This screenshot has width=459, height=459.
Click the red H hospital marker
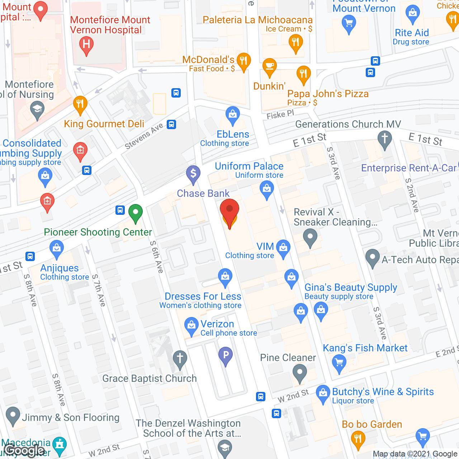pyautogui.click(x=86, y=44)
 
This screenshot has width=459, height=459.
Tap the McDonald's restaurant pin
pyautogui.click(x=243, y=61)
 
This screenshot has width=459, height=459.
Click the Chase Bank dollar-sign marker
pyautogui.click(x=193, y=174)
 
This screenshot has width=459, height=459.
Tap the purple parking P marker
pyautogui.click(x=226, y=355)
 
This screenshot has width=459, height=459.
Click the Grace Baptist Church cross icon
pyautogui.click(x=180, y=358)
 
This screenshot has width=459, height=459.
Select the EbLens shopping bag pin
pyautogui.click(x=233, y=115)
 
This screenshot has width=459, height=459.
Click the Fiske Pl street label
pyautogui.click(x=280, y=115)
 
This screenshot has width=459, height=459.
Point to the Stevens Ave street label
pyautogui.click(x=144, y=136)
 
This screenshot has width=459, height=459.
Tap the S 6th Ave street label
pyautogui.click(x=157, y=256)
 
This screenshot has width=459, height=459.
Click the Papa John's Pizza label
pyautogui.click(x=328, y=94)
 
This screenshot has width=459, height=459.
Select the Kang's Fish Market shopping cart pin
pyautogui.click(x=339, y=363)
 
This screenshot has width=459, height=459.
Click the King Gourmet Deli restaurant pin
pyautogui.click(x=80, y=104)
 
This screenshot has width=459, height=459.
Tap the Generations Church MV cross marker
pyautogui.click(x=385, y=138)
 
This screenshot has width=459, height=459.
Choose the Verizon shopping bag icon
pyautogui.click(x=191, y=325)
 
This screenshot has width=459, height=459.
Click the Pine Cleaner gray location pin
pyautogui.click(x=299, y=373)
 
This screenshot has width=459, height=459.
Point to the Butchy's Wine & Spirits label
pyautogui.click(x=383, y=392)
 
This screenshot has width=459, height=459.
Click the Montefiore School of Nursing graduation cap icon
pyautogui.click(x=37, y=109)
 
